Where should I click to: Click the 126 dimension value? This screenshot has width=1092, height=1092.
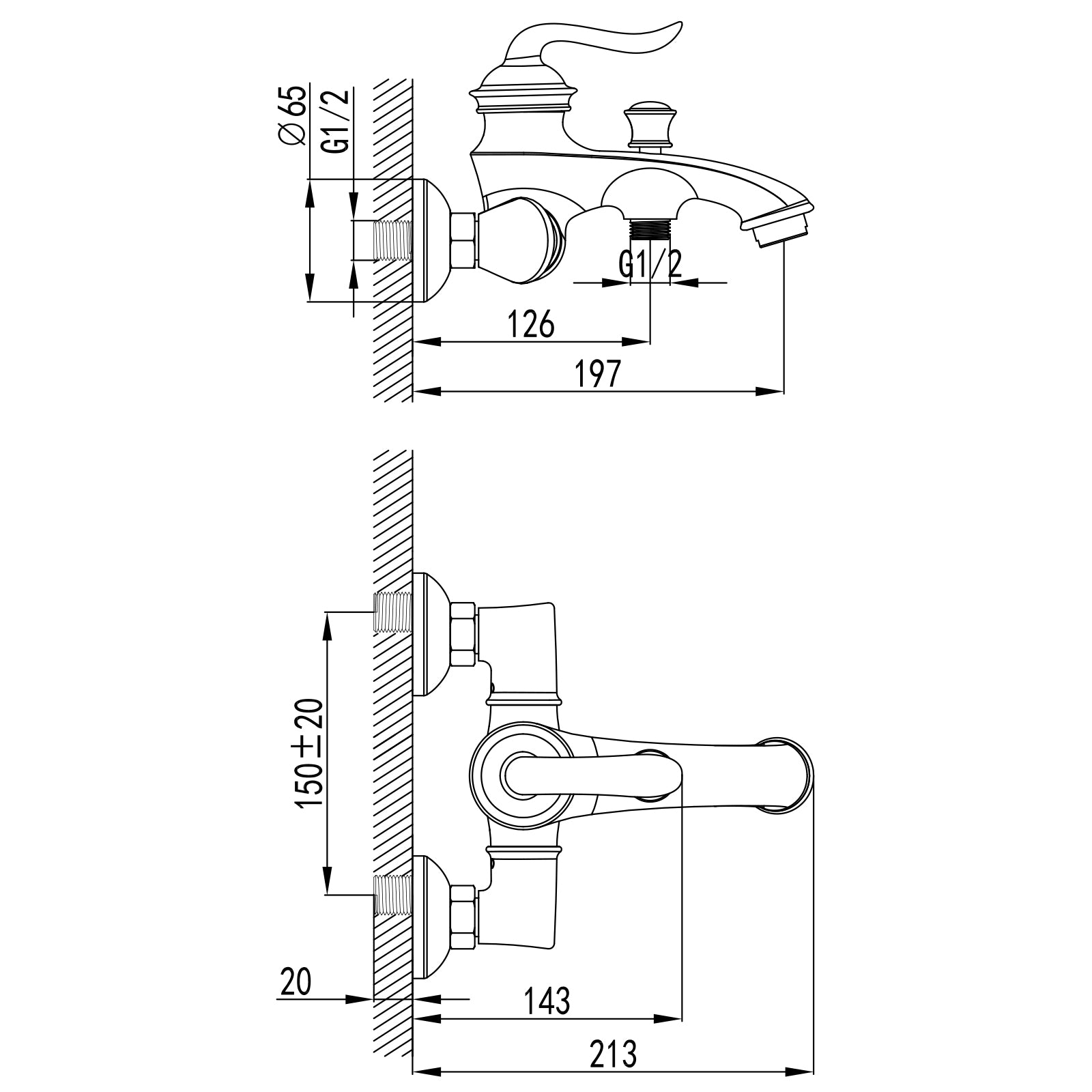coord(531,324)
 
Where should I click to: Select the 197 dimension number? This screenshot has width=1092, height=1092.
coord(599,373)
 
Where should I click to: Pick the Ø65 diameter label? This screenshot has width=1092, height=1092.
coord(292,115)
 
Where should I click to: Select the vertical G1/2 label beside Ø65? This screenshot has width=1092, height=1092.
coord(338,121)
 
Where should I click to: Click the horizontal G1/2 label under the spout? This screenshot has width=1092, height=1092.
coord(650,263)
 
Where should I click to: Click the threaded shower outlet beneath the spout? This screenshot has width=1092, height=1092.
coord(650,228)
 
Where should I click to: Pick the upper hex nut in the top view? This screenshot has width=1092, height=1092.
coord(463,634)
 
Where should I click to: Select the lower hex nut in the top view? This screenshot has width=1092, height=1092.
coord(463,917)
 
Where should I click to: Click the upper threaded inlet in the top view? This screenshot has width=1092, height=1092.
coord(393,612)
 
